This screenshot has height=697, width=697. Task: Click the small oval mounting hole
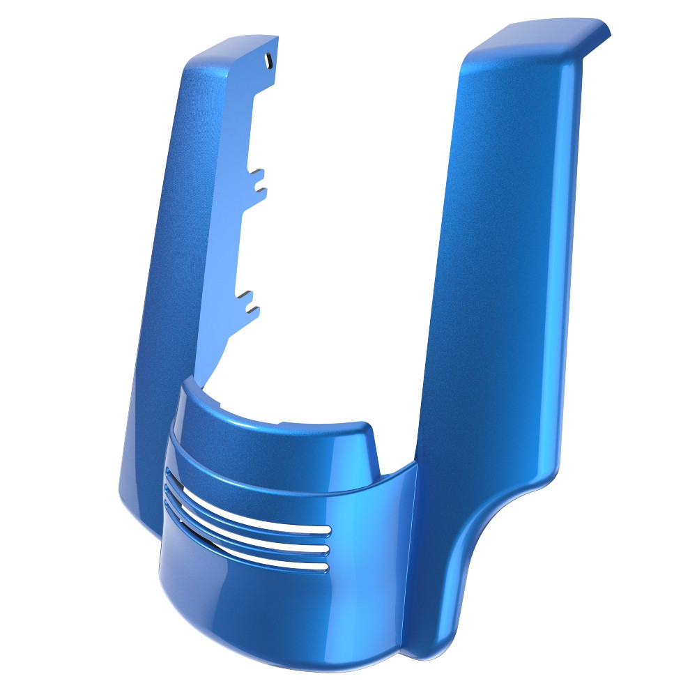click(267, 61)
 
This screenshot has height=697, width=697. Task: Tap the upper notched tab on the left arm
click(258, 179)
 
